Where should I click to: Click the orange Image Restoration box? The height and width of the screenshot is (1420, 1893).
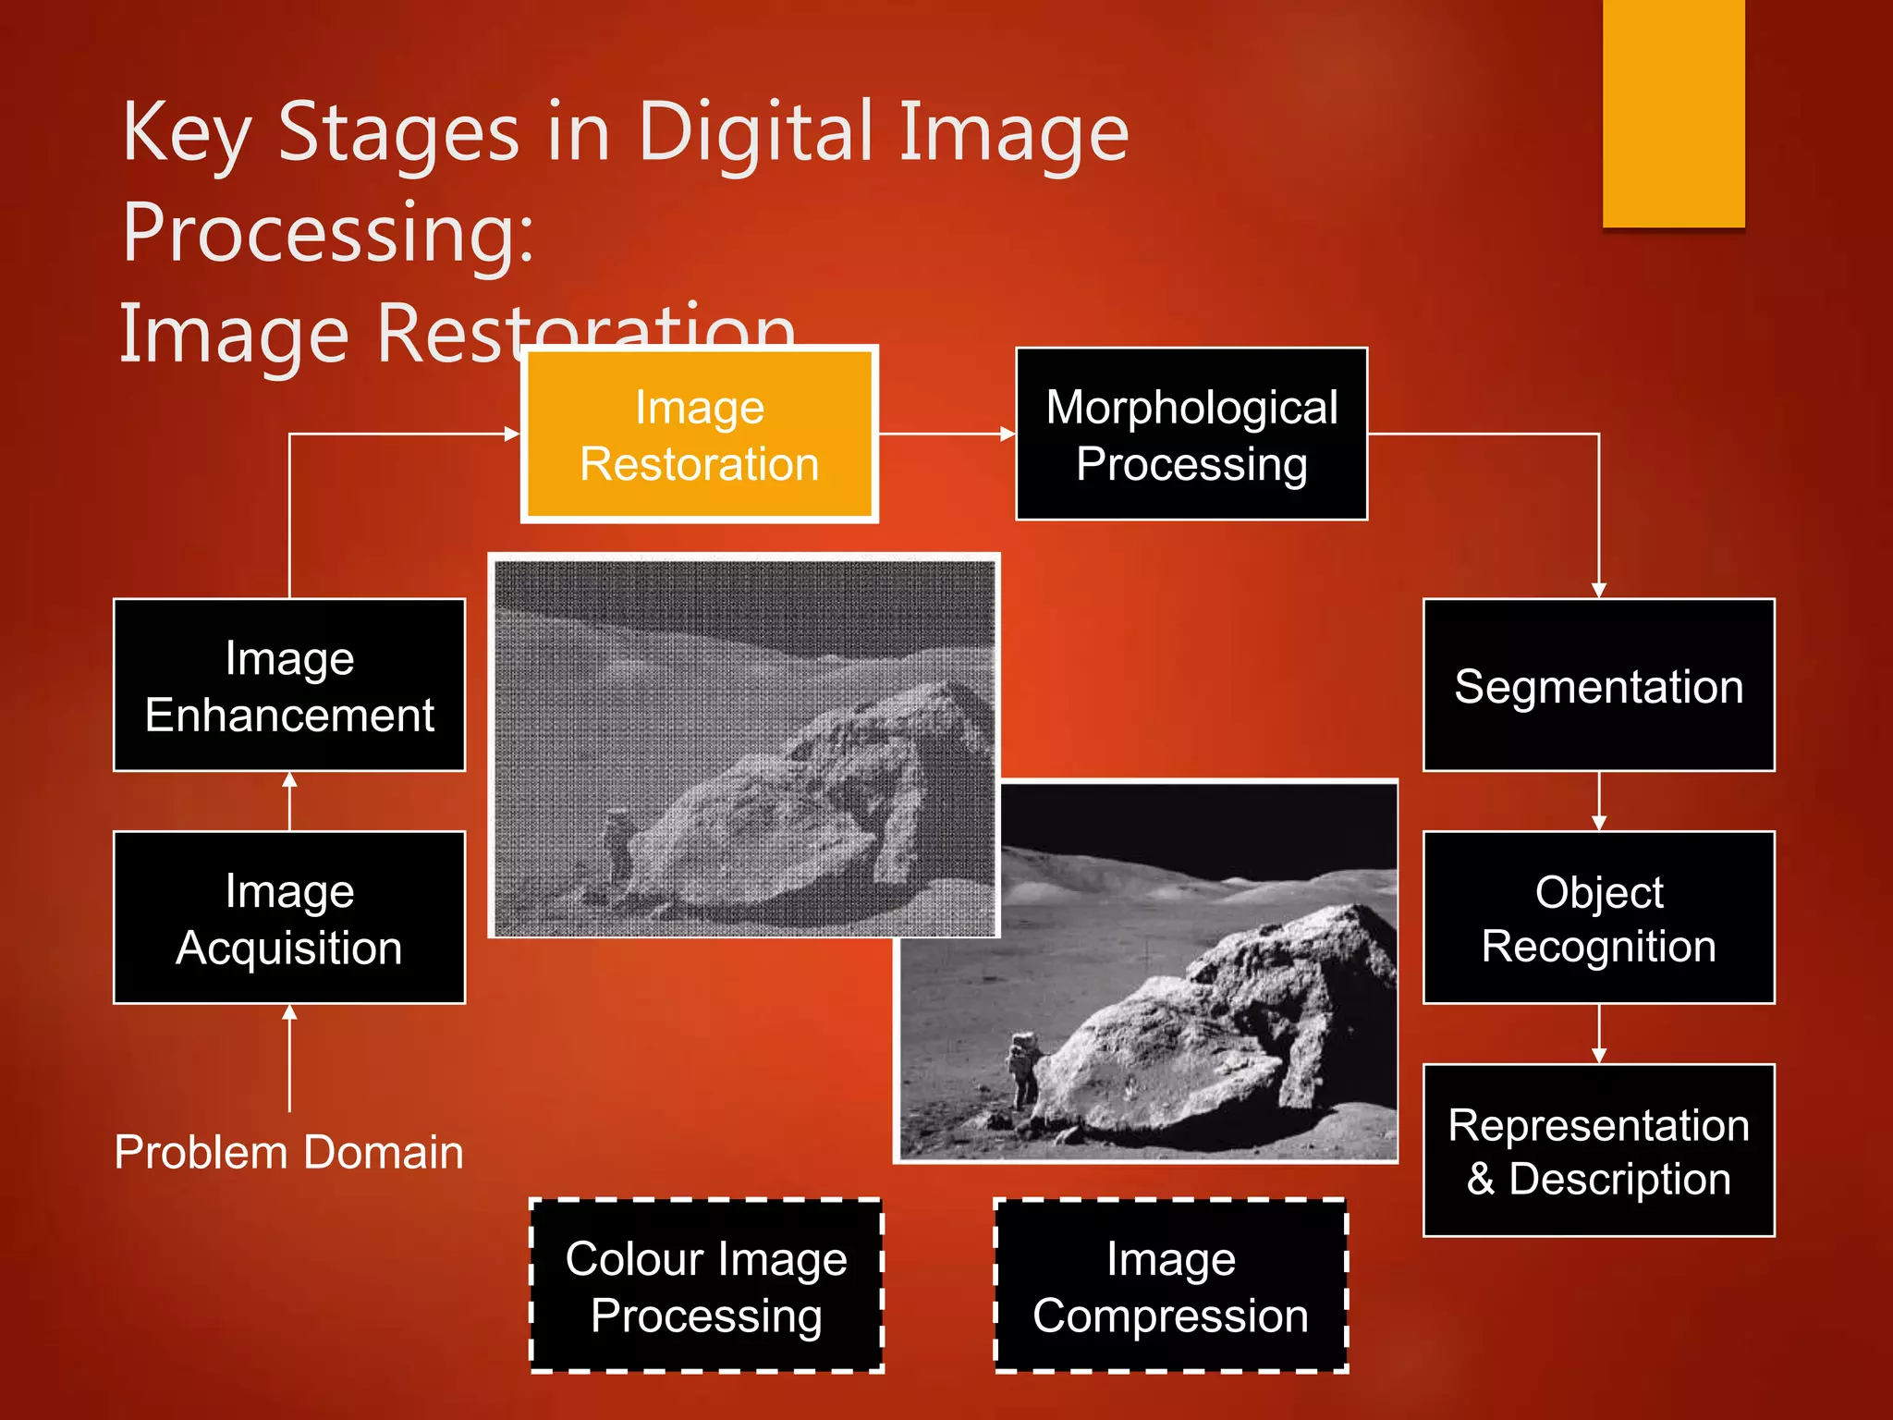[699, 435]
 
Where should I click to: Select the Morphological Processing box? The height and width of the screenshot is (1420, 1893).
[1191, 435]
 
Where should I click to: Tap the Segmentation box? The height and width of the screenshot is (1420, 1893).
[1598, 686]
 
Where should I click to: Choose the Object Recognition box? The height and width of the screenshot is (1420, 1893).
[1598, 918]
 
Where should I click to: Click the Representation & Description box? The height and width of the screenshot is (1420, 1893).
[1598, 1151]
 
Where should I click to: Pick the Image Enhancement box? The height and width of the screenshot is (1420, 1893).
[289, 686]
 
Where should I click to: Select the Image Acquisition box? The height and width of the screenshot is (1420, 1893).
[289, 918]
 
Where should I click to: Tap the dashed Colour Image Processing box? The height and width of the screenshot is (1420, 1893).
[707, 1286]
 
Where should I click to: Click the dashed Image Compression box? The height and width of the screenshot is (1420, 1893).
[1171, 1286]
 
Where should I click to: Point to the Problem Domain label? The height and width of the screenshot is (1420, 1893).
[289, 1153]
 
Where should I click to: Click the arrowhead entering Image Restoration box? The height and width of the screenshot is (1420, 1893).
[512, 434]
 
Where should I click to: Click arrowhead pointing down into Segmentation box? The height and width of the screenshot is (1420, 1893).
[1599, 590]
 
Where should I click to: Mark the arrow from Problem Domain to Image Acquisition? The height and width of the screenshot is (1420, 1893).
[289, 1059]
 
